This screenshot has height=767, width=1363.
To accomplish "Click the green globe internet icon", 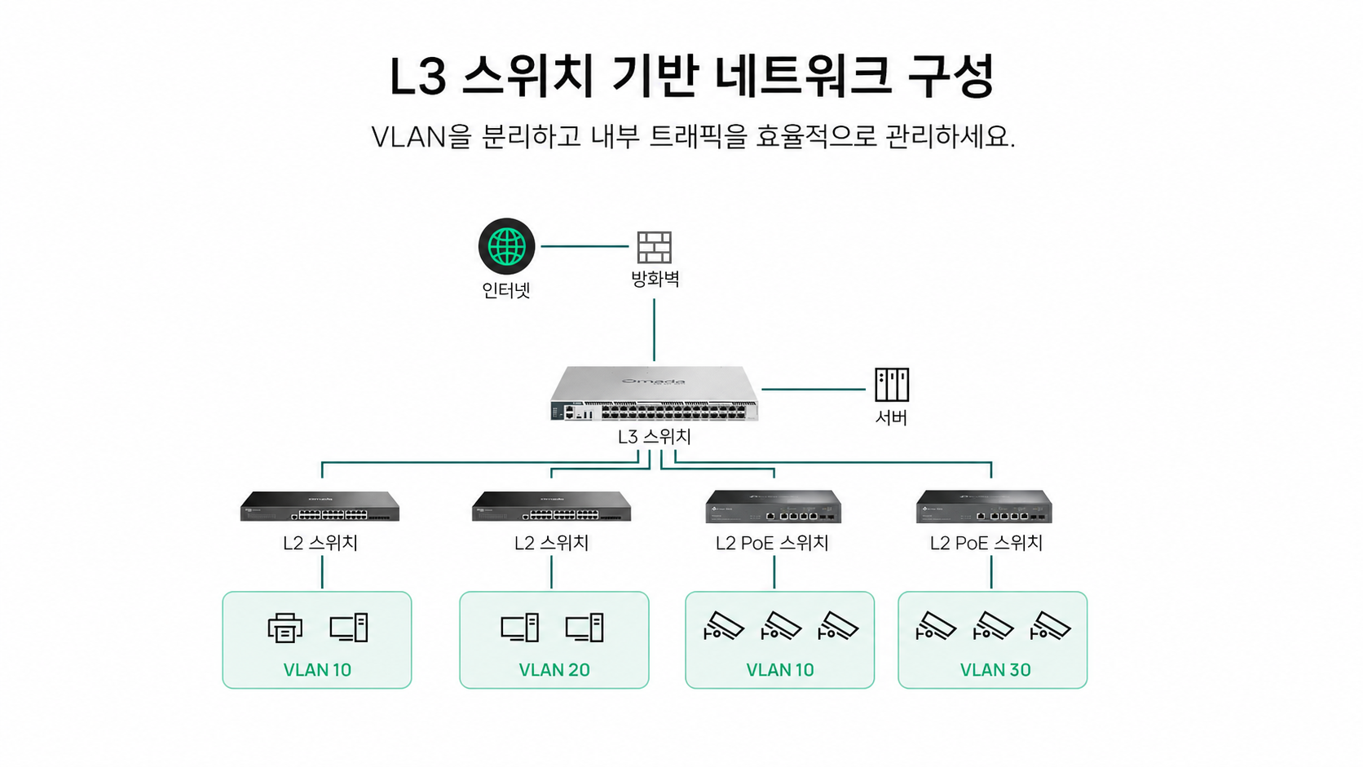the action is click(x=506, y=246).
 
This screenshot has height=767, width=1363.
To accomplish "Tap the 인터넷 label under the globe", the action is click(x=506, y=290).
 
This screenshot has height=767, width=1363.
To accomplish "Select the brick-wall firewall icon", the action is click(x=654, y=247).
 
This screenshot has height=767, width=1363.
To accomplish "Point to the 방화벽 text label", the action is click(x=655, y=280).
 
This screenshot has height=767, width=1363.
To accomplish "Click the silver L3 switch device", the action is click(x=654, y=393).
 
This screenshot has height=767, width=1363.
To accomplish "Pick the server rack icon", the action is click(x=892, y=385).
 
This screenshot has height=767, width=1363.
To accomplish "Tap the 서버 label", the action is click(x=891, y=417).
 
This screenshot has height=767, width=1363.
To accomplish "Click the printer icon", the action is click(x=285, y=628).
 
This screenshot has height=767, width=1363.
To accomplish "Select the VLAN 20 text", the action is click(x=554, y=670).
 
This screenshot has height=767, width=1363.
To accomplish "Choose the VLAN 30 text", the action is click(x=995, y=670).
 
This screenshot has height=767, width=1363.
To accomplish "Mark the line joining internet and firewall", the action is click(x=584, y=246).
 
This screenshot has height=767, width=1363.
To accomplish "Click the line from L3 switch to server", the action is click(x=814, y=390).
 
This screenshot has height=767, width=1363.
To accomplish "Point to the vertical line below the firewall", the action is click(x=654, y=329).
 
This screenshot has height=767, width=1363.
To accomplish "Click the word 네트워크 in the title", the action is click(x=803, y=76).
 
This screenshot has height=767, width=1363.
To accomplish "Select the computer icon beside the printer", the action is click(x=349, y=628).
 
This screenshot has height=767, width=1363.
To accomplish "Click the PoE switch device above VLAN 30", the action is click(x=984, y=507).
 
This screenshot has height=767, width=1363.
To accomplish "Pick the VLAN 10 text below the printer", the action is click(x=317, y=670).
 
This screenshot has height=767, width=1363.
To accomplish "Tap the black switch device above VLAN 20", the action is click(x=551, y=506).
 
